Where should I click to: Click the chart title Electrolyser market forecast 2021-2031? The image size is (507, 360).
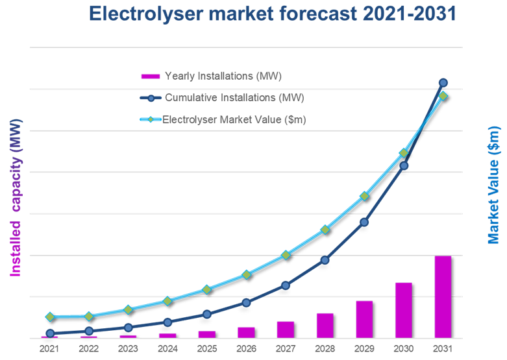click(272, 14)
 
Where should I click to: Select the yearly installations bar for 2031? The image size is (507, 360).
click(443, 296)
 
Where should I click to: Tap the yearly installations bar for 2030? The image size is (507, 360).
click(403, 310)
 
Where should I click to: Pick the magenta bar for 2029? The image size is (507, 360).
click(364, 319)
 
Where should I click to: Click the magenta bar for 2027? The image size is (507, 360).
click(286, 330)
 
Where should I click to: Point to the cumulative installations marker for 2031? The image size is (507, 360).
click(443, 82)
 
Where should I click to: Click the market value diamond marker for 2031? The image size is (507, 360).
click(443, 96)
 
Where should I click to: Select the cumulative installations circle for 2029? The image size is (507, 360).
click(364, 222)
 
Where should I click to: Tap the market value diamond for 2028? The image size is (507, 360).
click(325, 230)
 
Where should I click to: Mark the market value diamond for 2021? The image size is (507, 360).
click(49, 317)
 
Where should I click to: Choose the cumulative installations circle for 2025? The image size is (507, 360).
click(206, 314)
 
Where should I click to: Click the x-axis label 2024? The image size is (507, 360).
click(167, 349)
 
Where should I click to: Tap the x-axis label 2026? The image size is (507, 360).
click(246, 349)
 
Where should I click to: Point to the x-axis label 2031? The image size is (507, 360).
click(443, 349)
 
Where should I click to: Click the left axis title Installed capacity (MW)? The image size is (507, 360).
click(15, 197)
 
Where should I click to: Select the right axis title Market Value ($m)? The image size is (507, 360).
click(495, 185)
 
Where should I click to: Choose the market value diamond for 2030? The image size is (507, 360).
click(404, 153)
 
